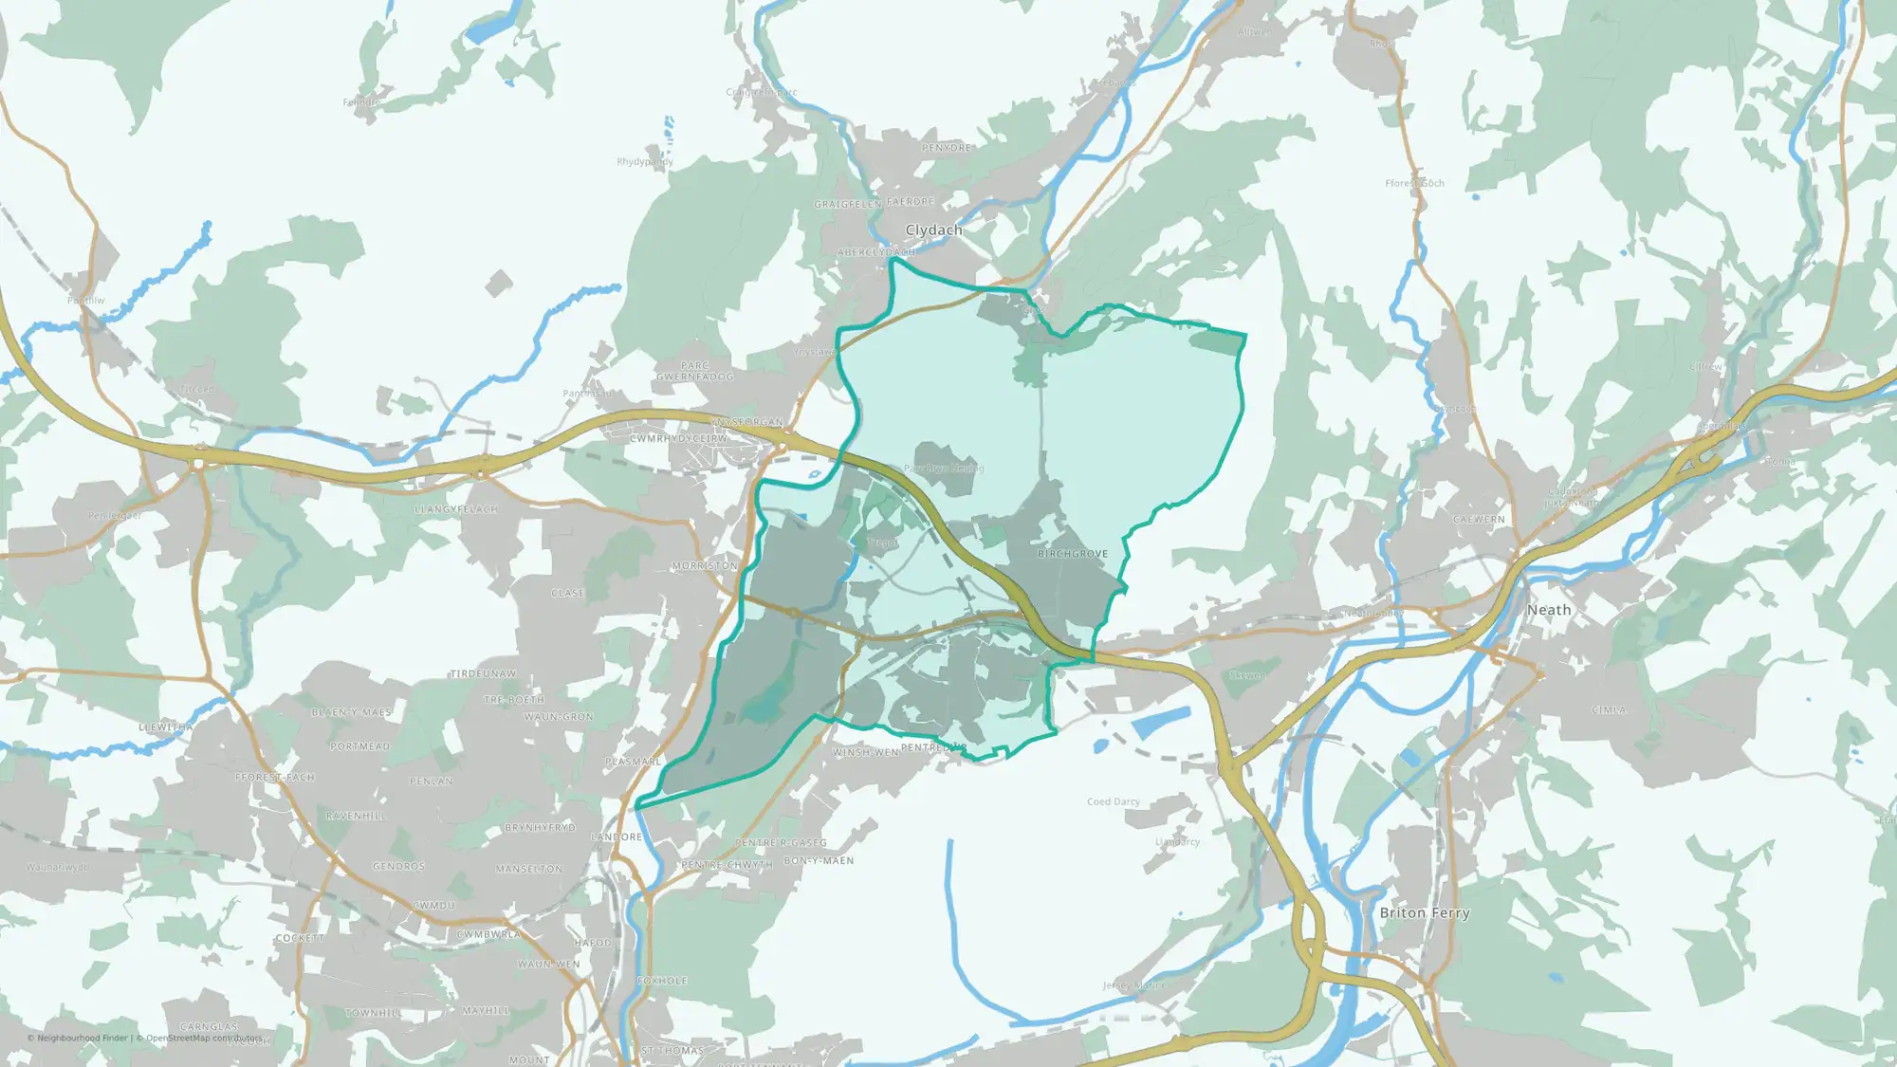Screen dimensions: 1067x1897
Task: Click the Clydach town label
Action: [933, 230]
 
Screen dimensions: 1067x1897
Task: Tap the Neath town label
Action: [1549, 610]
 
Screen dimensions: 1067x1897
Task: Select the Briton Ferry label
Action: [1425, 912]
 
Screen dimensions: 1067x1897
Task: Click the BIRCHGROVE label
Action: [1073, 554]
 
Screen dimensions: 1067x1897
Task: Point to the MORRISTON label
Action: [705, 566]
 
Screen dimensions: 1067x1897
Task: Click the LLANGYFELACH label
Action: [456, 509]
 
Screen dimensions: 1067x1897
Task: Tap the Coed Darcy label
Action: [1114, 801]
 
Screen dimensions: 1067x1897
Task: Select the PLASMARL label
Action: [634, 762]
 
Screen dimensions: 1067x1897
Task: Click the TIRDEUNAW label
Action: [483, 674]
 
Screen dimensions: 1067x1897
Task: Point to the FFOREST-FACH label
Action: [275, 778]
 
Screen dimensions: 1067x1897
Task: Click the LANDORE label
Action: [617, 837]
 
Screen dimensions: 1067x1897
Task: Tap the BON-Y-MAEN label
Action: [819, 861]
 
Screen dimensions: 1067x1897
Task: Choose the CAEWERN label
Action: [1479, 520]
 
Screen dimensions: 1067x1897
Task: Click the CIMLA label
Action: [1609, 709]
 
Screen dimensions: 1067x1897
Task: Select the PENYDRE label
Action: [947, 148]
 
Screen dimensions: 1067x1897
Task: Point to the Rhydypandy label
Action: [645, 162]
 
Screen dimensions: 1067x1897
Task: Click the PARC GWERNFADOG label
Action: [694, 371]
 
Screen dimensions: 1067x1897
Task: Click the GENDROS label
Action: [398, 867]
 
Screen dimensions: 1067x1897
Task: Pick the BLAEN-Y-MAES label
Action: [351, 712]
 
